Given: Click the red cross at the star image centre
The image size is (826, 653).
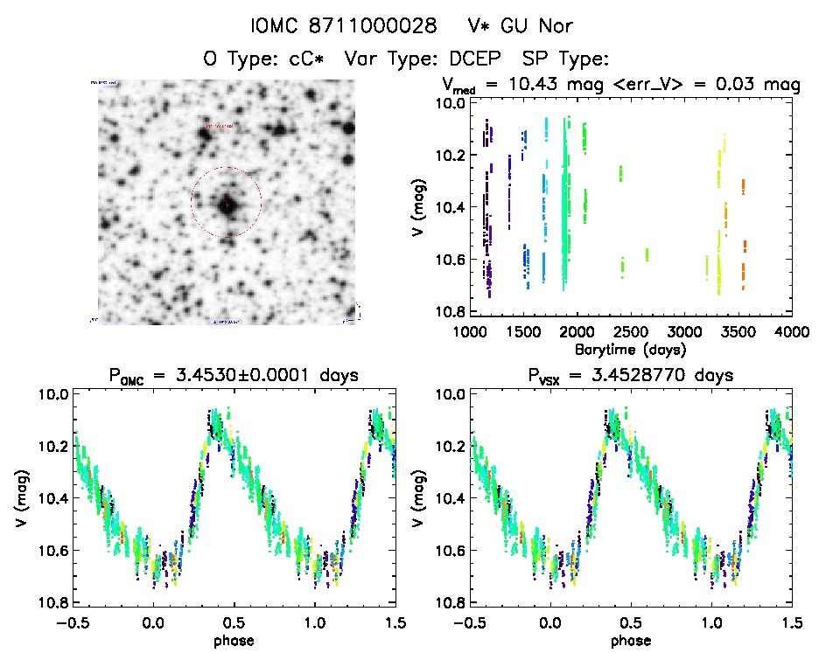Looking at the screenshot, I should coord(227,204).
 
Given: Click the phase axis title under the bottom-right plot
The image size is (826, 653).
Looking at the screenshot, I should coord(630,640).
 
